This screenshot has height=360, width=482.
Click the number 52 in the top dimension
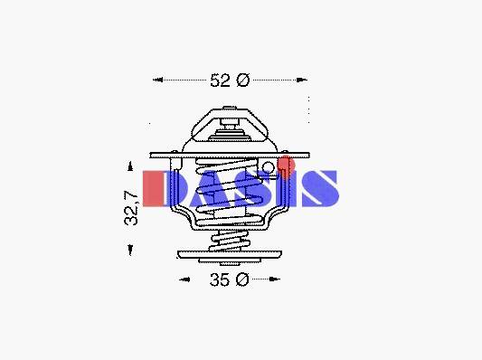click(x=220, y=81)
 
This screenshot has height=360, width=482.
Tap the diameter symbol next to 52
click(x=243, y=80)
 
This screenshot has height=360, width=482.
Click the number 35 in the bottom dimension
click(x=220, y=279)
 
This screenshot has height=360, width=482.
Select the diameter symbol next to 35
click(x=243, y=279)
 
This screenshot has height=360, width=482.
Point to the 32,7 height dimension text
click(x=131, y=208)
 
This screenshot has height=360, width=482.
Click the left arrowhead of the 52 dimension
click(x=157, y=80)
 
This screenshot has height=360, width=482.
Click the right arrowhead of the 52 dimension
click(x=302, y=80)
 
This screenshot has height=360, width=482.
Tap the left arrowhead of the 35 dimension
click(x=184, y=279)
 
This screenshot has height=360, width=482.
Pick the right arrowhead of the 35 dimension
click(x=275, y=279)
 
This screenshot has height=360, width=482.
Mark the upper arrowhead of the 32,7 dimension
click(x=130, y=166)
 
